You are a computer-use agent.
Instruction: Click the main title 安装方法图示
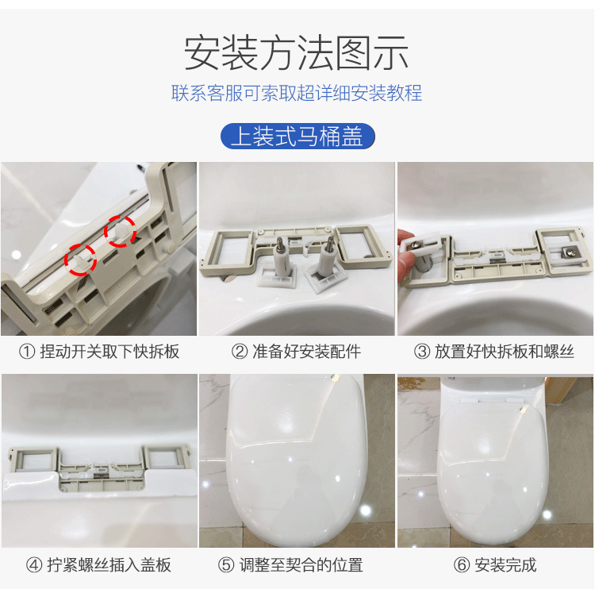[297, 53]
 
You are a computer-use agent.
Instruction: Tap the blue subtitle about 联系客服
[297, 94]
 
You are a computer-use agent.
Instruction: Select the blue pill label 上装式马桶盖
[297, 136]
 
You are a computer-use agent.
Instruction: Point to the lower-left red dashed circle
[81, 259]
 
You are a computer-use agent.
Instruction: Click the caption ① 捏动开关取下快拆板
[99, 351]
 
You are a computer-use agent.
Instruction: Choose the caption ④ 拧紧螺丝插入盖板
[99, 565]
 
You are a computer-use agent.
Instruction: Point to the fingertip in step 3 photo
[405, 238]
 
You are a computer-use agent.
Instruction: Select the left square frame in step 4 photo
[33, 457]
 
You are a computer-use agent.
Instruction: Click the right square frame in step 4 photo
[164, 456]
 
